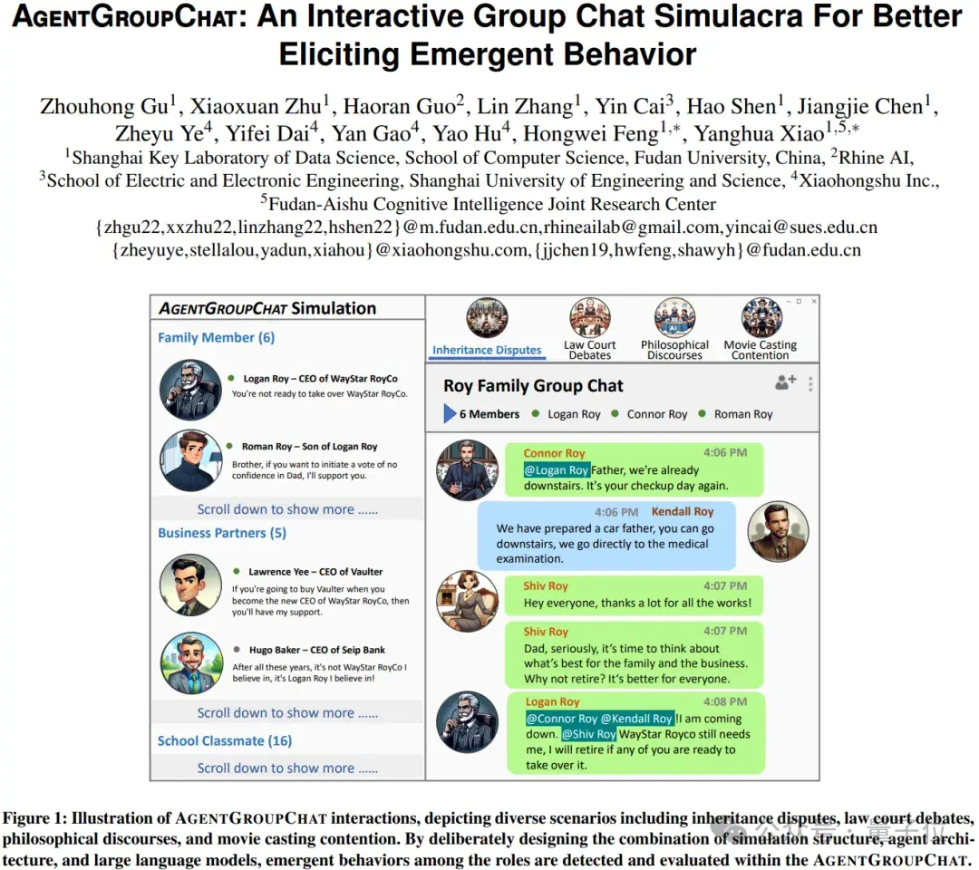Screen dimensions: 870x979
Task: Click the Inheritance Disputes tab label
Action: pos(487,350)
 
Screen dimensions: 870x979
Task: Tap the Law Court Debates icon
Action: pos(589,318)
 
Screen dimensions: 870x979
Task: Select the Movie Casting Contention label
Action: pos(760,350)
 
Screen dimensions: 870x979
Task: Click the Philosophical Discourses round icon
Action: pos(674,318)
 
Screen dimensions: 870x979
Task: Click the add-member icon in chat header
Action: pos(785,382)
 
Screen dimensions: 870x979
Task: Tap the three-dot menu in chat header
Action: pos(810,384)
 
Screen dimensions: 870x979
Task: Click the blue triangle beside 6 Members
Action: pos(450,414)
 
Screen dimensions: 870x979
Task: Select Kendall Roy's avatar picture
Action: pos(778,530)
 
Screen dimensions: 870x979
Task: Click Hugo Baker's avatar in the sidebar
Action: pos(190,662)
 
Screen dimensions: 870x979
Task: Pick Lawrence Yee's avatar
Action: pos(190,585)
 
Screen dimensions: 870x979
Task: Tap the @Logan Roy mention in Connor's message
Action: pos(557,470)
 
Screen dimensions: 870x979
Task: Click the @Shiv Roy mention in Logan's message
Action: pos(589,734)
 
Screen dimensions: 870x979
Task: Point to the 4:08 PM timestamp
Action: pos(725,701)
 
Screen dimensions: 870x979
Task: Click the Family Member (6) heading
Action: pos(216,338)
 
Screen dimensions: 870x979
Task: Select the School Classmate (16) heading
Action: pos(225,740)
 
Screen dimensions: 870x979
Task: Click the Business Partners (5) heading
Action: pos(222,533)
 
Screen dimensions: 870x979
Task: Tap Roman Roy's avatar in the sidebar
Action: pos(190,460)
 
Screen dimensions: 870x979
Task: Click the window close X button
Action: pos(812,301)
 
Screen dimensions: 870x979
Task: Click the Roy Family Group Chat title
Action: pos(533,386)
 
